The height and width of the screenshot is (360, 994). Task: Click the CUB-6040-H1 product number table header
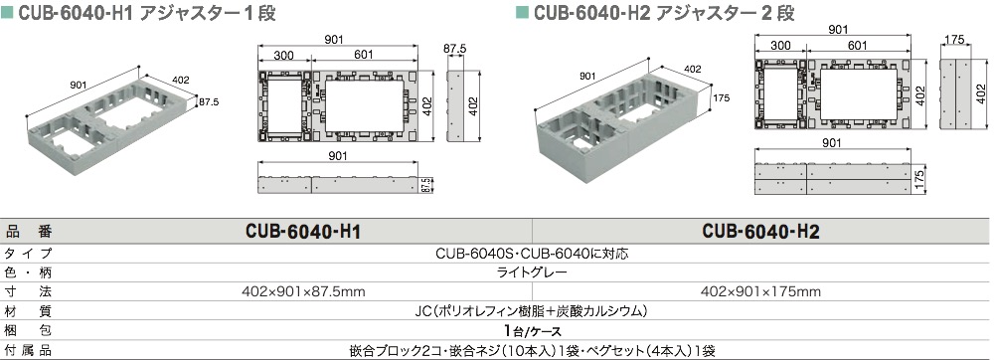click(302, 232)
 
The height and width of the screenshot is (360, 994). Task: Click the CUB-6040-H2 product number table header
click(761, 232)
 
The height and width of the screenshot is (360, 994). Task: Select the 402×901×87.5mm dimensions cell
click(303, 292)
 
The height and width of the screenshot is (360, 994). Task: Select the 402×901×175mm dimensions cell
click(760, 292)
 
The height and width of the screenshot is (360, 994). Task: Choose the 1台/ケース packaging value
click(533, 331)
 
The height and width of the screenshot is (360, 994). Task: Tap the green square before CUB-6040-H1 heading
click(8, 14)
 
